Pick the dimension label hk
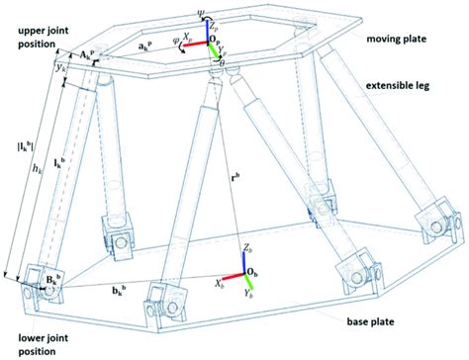click(37, 170)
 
